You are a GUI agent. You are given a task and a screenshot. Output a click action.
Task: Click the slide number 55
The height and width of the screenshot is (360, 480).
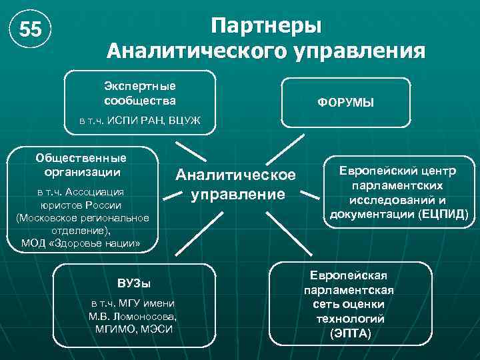(30, 31)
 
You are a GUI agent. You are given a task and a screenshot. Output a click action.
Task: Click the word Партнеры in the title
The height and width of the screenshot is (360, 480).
(266, 25)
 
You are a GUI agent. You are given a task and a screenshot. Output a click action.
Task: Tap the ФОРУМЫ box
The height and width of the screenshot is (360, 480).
(345, 103)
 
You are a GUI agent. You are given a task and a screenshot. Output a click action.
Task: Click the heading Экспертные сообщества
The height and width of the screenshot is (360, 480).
(140, 93)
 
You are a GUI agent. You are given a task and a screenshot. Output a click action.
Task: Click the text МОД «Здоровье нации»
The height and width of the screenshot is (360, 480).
(81, 243)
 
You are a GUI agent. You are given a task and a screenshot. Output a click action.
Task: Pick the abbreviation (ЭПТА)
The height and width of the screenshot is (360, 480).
(351, 333)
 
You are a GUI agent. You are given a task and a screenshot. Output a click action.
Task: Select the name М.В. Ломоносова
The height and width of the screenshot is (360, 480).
(133, 316)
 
